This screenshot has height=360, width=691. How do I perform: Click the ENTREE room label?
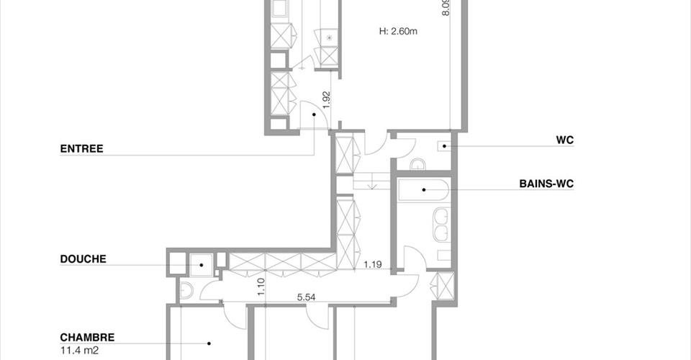(81, 148)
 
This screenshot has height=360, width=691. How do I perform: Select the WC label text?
(564, 140)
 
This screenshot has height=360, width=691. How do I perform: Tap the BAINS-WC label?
(546, 184)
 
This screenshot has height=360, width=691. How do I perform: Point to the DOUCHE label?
(83, 258)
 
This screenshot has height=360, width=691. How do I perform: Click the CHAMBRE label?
(87, 338)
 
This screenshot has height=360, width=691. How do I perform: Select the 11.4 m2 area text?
(79, 351)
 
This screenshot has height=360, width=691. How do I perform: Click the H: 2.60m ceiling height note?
(398, 31)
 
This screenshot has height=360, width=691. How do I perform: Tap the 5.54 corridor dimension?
(307, 297)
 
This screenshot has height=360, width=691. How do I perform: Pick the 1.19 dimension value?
(373, 265)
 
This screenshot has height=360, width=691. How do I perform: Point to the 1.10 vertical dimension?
(261, 287)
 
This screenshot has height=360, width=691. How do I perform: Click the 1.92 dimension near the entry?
(326, 100)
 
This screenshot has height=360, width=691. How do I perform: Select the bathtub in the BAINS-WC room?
(423, 190)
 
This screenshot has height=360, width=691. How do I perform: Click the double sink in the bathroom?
(441, 225)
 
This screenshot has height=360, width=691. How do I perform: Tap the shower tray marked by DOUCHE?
(201, 265)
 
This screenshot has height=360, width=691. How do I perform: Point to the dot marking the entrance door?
(315, 114)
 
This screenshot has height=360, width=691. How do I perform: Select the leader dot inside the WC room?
(445, 146)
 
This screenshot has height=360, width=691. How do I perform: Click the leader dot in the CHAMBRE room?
(209, 343)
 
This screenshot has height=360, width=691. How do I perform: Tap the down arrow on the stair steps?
(372, 184)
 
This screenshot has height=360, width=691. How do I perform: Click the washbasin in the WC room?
(417, 165)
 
